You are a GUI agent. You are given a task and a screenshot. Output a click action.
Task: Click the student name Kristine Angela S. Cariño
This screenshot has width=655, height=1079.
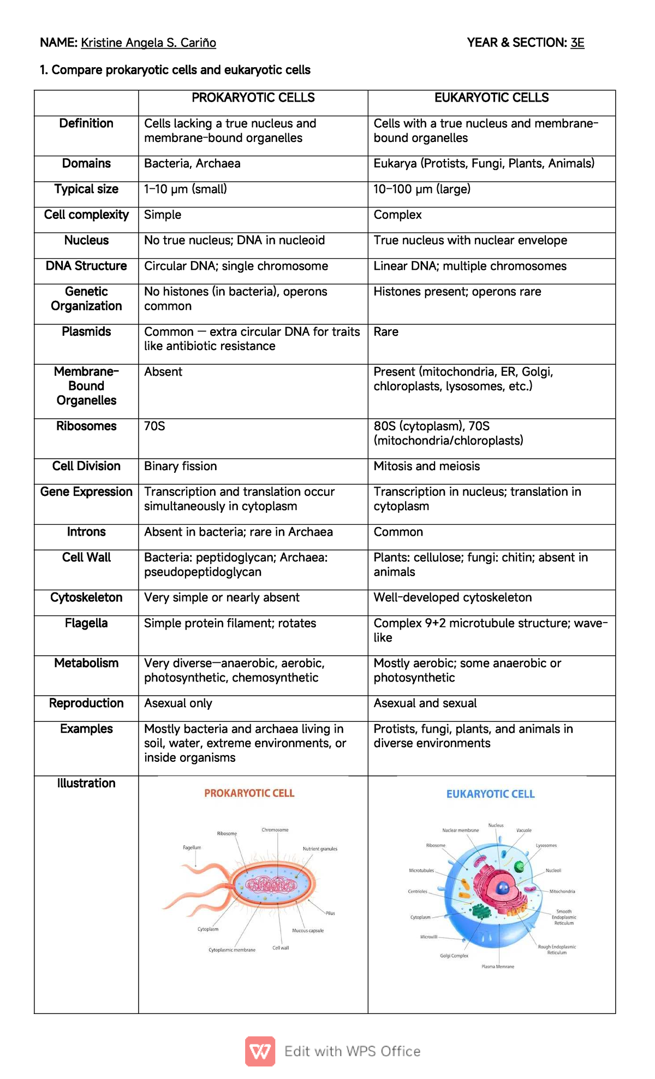coord(148,43)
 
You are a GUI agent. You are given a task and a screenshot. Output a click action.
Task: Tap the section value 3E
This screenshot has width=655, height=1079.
coord(577,43)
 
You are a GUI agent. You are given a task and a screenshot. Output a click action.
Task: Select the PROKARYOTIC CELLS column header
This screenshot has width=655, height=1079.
coord(253,98)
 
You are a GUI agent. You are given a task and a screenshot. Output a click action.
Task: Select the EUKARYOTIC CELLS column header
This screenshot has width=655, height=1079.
coord(491,98)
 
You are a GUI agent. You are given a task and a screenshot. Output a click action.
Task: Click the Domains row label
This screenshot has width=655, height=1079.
coord(86,163)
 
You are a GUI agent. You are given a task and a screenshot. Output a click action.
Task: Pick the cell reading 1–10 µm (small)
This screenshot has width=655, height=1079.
coord(186,189)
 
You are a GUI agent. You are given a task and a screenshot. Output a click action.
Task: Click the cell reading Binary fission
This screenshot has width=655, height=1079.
coord(181,466)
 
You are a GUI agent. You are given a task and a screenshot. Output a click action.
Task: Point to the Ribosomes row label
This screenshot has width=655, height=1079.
coord(86,426)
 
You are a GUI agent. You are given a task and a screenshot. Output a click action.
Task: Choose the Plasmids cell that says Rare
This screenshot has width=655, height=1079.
coord(386,331)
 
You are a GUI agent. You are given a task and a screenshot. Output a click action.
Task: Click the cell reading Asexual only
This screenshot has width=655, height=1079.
coord(178,703)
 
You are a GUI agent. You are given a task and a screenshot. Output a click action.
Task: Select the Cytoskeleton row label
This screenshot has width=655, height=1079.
coord(86,597)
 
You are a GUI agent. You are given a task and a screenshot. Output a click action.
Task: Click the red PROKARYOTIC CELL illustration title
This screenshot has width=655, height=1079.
coord(249,793)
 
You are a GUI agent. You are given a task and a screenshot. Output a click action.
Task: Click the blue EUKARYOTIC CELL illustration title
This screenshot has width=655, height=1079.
coord(490,794)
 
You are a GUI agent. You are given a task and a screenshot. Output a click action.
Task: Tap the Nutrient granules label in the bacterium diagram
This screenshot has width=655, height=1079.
coord(320,849)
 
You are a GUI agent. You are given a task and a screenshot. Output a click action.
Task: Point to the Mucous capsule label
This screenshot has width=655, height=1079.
coord(308,930)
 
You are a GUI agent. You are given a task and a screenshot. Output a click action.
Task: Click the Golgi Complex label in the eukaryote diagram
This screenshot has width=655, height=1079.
coord(454,956)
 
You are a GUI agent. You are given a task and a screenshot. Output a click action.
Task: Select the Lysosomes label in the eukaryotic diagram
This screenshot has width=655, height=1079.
coord(546,845)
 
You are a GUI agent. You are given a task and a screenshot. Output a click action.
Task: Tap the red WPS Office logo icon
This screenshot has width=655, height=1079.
coord(260,1051)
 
